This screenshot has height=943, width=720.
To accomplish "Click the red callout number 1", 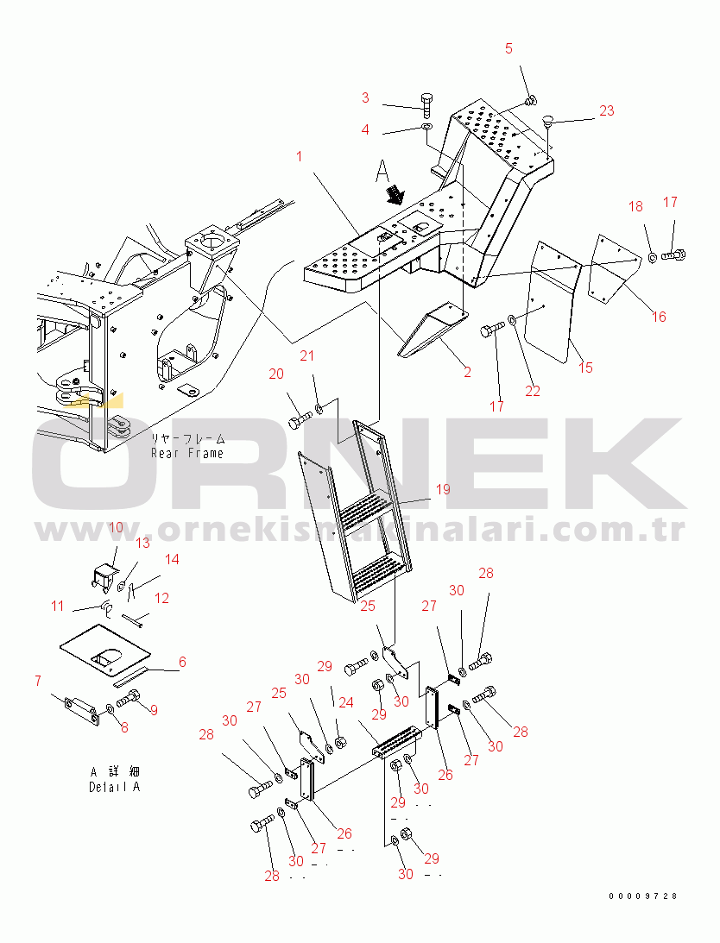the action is click(x=300, y=156).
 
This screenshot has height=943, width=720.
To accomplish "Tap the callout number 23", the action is click(x=606, y=110).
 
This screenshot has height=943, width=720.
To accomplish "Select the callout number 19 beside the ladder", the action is click(x=443, y=489).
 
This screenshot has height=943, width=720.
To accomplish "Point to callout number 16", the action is click(x=660, y=317).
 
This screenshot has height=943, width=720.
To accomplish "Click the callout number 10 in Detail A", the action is click(x=115, y=527).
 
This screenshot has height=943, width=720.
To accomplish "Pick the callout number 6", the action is click(x=182, y=662).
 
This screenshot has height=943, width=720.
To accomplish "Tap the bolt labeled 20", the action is click(x=300, y=420).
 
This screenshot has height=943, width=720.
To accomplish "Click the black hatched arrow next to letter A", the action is click(x=396, y=194).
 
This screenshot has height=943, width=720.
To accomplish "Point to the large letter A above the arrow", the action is click(x=382, y=171).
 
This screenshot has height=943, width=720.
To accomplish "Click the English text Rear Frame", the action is click(x=187, y=454).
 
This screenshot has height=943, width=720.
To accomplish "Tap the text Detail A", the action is click(x=114, y=787).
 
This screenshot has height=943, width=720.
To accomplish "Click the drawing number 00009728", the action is click(x=643, y=896).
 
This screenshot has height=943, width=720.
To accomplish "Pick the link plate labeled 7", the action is click(x=79, y=707).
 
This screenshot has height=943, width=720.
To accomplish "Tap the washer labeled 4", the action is click(x=426, y=128).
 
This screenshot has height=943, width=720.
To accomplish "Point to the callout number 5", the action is click(x=508, y=48).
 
